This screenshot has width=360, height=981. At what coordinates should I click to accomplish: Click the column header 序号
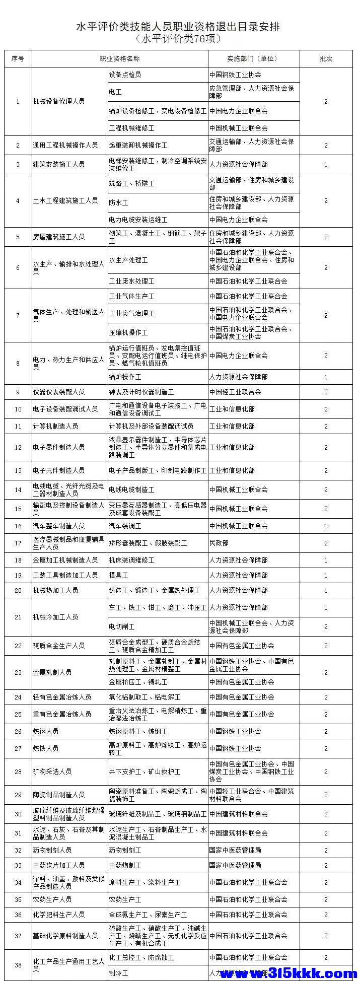point(18,58)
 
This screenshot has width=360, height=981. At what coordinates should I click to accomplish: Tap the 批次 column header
point(326,58)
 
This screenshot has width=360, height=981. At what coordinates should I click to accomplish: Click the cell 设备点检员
point(125,75)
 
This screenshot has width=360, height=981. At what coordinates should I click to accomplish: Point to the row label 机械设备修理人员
point(59,101)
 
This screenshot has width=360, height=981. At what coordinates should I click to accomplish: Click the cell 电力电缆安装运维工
point(138,220)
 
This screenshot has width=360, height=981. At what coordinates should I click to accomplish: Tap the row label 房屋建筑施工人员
point(59,237)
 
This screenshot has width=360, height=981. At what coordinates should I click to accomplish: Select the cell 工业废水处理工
point(131,281)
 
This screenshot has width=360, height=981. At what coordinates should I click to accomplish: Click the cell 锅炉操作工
point(125,377)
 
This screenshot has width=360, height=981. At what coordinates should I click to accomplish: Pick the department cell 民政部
point(219,543)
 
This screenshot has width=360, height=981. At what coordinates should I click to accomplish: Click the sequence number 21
point(18,617)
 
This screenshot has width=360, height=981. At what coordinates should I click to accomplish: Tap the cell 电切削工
point(122,626)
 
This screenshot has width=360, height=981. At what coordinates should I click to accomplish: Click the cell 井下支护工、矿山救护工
point(145,772)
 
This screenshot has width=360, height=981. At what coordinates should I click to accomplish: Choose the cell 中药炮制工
point(125,865)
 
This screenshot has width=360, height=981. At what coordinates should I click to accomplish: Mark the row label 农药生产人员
point(52,899)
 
